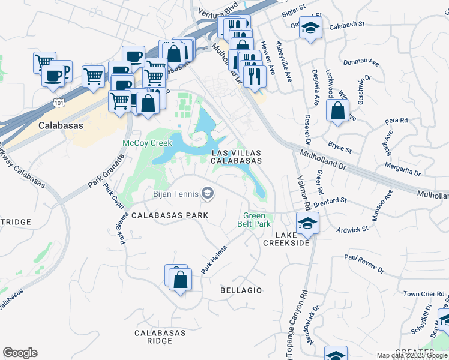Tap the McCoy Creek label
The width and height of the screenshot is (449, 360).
click(144, 143)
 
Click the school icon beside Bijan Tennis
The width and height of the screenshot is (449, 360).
click(208, 193)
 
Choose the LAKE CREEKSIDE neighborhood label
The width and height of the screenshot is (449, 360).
click(286, 238)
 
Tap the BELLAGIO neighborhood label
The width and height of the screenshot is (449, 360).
click(241, 290)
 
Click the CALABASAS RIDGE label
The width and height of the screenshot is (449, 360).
click(154, 337)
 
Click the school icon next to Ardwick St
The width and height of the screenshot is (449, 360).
click(308, 223)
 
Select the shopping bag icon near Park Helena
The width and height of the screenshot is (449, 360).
click(180, 279)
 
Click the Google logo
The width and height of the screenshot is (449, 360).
click(20, 353)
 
